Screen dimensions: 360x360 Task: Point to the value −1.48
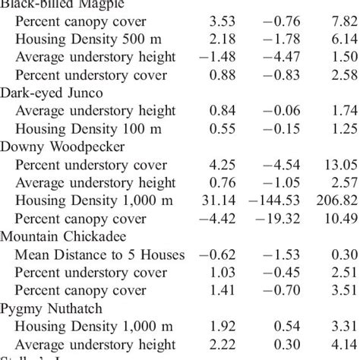pos(213,57)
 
